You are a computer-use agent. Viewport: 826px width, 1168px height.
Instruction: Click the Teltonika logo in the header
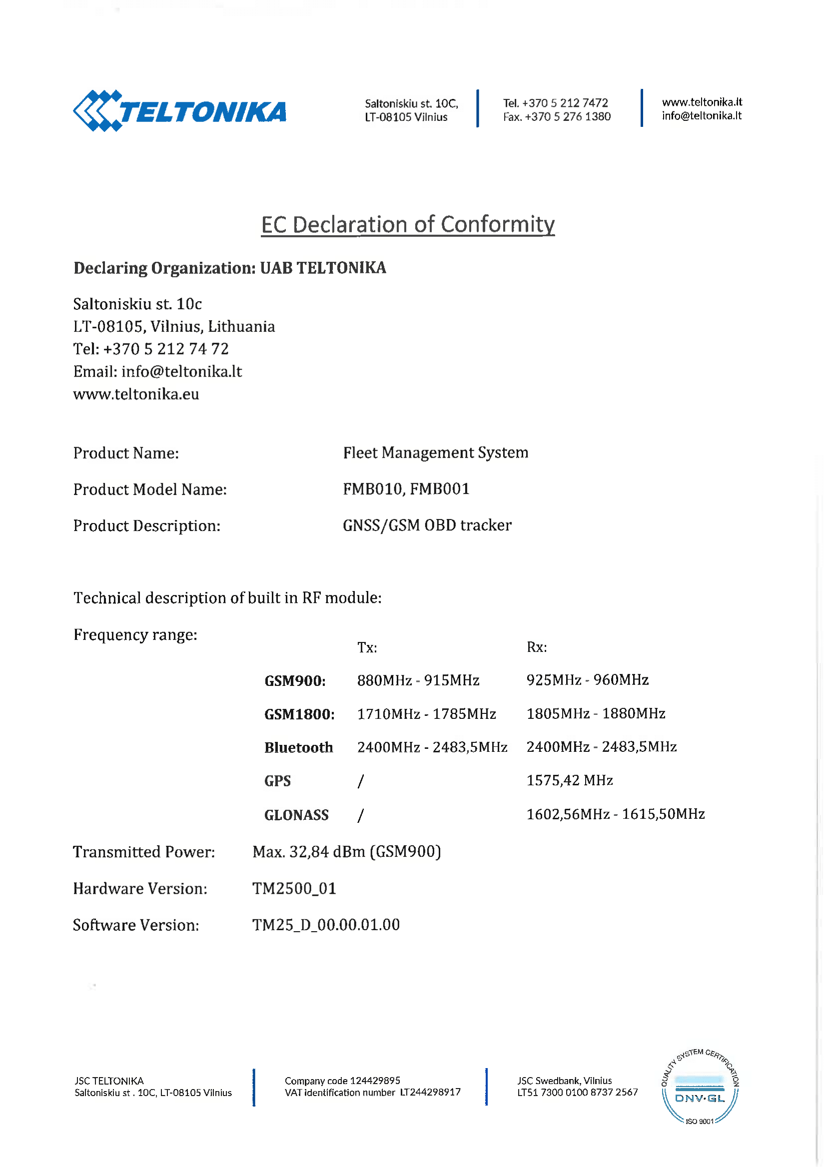[179, 111]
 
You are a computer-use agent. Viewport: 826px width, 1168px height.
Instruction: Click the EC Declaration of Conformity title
[408, 224]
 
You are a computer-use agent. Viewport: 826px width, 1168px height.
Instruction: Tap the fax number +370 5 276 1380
[557, 117]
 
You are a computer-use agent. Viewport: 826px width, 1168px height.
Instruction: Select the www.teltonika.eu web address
[136, 394]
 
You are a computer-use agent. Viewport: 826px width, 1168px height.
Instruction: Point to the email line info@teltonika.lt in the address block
[157, 372]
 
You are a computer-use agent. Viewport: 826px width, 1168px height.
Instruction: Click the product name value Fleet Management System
[436, 453]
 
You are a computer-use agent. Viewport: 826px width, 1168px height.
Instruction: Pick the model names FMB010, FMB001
[406, 489]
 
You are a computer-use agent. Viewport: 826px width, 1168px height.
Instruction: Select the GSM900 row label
[295, 680]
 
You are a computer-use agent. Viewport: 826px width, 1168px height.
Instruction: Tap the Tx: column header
[367, 647]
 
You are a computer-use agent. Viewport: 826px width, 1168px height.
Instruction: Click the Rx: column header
[536, 647]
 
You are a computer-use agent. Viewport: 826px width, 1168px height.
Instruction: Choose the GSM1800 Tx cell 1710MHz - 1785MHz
[426, 714]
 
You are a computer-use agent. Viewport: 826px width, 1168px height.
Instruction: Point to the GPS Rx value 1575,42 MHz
[570, 780]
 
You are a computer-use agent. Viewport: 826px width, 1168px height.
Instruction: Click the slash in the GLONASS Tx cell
[361, 815]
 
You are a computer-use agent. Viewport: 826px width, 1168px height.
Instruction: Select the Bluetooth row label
[299, 747]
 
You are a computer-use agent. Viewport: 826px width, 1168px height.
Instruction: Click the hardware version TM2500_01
[294, 889]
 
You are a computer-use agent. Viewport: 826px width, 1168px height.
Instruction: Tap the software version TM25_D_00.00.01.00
[326, 925]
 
